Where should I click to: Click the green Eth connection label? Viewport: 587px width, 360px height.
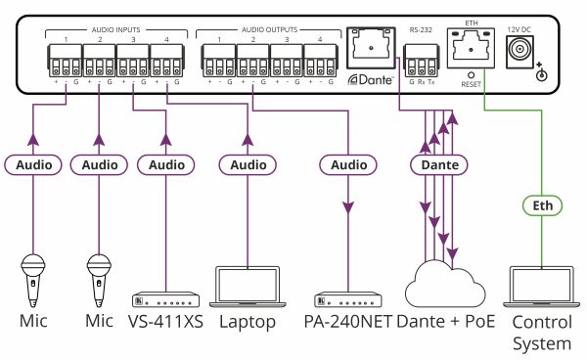[543, 205]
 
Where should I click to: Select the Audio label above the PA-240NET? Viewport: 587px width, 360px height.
[348, 165]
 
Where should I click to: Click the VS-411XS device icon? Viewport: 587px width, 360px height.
[167, 299]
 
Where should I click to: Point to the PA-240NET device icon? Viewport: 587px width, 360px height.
[348, 299]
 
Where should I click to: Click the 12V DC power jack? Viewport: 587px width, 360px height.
[538, 58]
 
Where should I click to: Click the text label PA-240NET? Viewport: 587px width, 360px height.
[348, 322]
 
